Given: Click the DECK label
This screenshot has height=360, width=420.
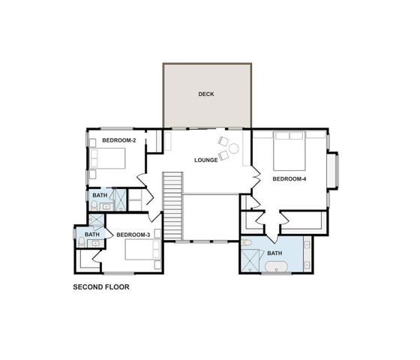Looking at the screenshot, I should click(x=206, y=94).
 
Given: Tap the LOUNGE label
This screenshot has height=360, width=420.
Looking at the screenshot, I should click(x=205, y=160).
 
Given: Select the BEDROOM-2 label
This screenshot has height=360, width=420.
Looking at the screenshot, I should click(x=118, y=140).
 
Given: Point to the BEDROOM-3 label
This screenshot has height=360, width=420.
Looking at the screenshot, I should click(x=133, y=235).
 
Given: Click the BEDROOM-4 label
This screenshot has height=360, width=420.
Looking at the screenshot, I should click(x=289, y=178).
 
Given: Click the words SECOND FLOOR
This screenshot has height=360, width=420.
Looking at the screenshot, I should click(x=101, y=286).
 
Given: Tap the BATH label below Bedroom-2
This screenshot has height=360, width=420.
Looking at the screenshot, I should click(x=99, y=196).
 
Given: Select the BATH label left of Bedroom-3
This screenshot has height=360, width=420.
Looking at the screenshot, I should click(x=91, y=235).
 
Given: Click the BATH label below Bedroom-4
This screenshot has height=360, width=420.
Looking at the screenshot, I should click(x=275, y=253).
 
